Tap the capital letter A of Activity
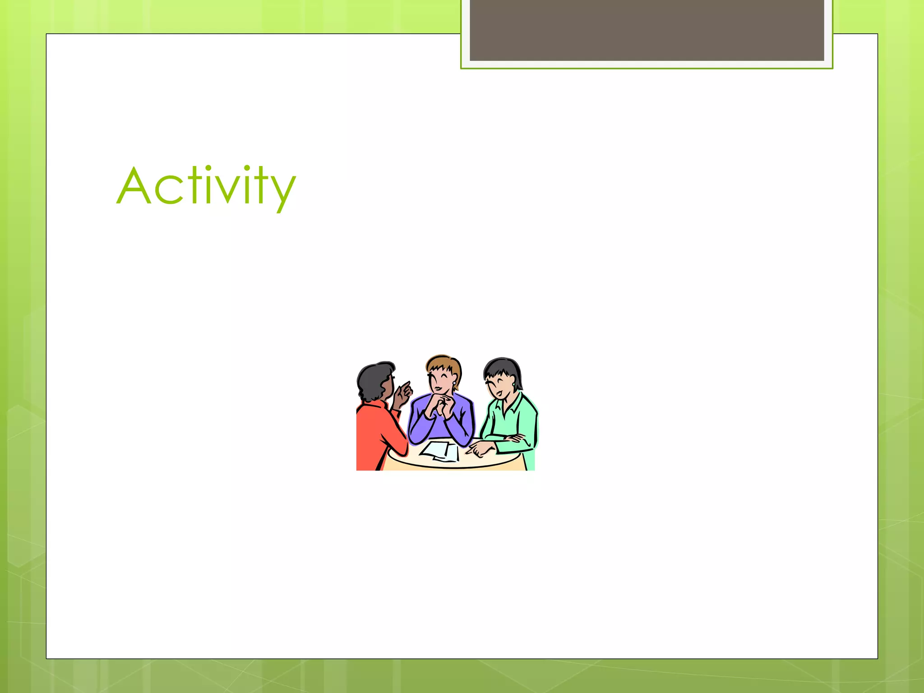pos(134,186)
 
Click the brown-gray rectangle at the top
pos(647,30)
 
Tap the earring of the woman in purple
pos(454,383)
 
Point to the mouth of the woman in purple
pos(438,388)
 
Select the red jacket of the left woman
pos(374,438)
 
